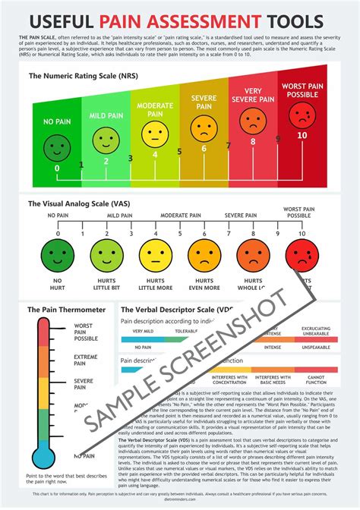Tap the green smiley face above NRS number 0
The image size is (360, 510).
click(56, 145)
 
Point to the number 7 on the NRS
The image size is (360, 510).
click(229, 146)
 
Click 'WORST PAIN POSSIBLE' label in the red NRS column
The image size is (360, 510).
click(302, 92)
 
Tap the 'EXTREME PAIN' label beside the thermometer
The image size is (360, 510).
click(84, 360)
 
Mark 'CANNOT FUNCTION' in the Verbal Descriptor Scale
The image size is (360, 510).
click(317, 380)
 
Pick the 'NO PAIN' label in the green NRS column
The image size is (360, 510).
click(56, 120)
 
